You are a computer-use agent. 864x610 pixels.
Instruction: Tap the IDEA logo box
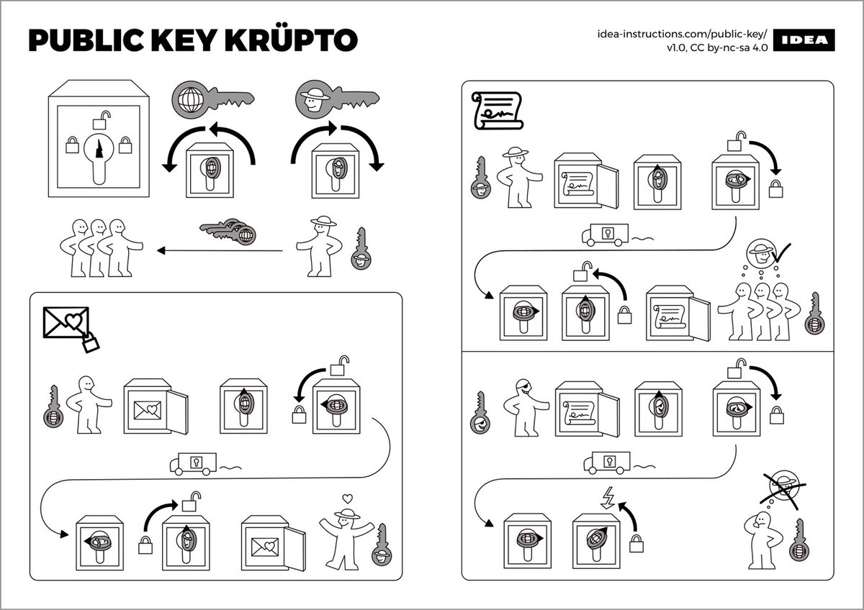(806, 41)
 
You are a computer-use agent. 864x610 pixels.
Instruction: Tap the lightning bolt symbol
(606, 498)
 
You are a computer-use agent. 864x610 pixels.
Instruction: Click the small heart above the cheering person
(347, 497)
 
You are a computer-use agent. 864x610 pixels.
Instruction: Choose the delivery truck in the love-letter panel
(192, 463)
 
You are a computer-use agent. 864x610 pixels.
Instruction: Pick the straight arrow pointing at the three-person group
(220, 250)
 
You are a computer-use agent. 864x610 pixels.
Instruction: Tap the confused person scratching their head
(757, 539)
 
